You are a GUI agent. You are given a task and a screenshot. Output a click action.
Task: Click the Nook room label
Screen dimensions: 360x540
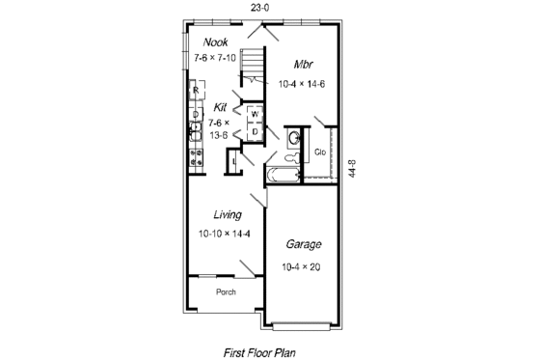(215, 42)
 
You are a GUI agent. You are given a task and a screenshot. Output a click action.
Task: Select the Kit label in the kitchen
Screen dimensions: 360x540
(221, 108)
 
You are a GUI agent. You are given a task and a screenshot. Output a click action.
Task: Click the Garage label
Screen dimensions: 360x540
(304, 245)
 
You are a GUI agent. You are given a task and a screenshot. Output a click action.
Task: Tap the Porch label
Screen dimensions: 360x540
(226, 291)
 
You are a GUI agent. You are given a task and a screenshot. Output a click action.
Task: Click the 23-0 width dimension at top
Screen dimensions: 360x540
(258, 7)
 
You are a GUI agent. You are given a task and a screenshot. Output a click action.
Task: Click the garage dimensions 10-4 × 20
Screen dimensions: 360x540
(303, 266)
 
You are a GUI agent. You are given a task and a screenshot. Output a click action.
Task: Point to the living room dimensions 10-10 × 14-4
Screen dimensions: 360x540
(225, 235)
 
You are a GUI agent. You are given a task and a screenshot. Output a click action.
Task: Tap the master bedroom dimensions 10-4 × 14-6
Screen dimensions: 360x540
(303, 85)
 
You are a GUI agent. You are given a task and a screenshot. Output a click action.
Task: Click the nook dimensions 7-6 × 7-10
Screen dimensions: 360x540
(214, 58)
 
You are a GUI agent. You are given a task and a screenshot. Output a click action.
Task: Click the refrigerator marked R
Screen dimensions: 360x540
(196, 92)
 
